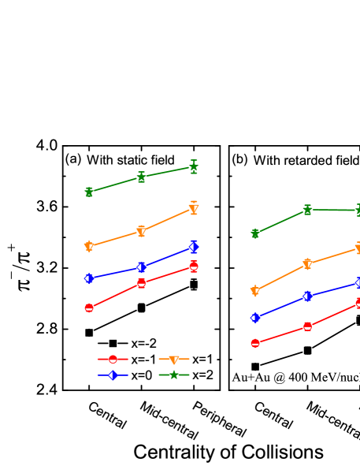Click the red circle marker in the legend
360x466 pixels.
coord(113,359)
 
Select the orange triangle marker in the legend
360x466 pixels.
coord(174,360)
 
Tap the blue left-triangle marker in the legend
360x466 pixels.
coord(113,375)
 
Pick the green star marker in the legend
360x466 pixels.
coord(174,375)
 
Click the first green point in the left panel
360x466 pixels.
coord(89,192)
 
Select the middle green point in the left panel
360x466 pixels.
coord(141,177)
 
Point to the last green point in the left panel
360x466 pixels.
coord(194,167)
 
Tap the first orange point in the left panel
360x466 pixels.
coord(89,246)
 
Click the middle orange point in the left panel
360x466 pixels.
coord(141,231)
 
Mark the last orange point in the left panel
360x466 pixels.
coord(194,208)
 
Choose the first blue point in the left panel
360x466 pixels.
coord(89,278)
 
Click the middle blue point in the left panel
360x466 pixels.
coord(141,267)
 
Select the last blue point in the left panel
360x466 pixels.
coord(194,247)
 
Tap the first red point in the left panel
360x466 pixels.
coord(89,308)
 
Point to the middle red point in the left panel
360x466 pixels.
coord(141,283)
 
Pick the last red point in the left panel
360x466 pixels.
coord(194,267)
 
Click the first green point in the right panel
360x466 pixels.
coord(255,233)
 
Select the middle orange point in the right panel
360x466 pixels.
coord(307,264)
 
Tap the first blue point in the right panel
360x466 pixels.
coord(255,318)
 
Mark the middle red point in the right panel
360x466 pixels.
coord(307,326)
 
